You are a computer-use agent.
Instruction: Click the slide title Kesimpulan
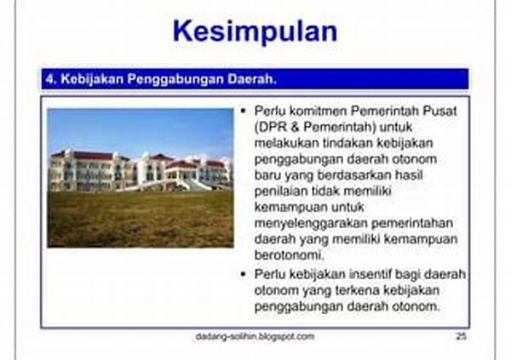(x=255, y=31)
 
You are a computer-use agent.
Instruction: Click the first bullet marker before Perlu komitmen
(x=244, y=111)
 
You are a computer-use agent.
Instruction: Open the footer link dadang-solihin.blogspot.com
(x=255, y=336)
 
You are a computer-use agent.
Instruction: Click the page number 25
(x=461, y=336)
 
